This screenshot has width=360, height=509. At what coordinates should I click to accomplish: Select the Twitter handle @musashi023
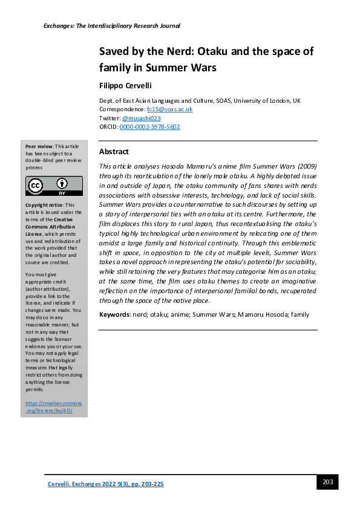coord(139,118)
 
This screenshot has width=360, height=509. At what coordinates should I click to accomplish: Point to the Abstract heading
coord(114,152)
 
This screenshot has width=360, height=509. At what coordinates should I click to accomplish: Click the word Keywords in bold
coord(113,314)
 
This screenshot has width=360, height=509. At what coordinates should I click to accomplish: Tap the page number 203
coord(328,482)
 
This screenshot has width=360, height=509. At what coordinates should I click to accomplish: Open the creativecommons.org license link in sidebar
coord(54,406)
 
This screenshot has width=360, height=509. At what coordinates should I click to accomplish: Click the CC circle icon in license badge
coord(38,186)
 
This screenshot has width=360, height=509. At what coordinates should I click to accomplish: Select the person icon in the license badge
coord(62,183)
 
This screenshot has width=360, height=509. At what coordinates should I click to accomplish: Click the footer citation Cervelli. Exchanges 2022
coord(106,484)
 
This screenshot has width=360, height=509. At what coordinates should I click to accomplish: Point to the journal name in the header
coord(112,26)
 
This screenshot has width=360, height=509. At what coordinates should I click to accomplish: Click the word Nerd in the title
coord(175,51)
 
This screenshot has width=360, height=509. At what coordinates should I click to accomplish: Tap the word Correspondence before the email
coord(122,109)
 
